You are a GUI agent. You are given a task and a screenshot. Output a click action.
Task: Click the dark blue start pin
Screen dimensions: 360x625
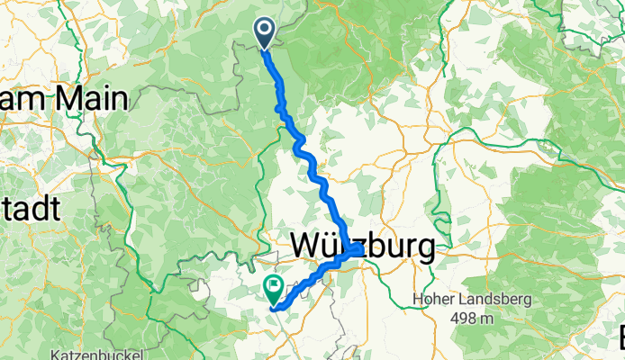coord(266,34)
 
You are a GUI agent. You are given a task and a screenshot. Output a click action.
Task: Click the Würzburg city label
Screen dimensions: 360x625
coord(362,247)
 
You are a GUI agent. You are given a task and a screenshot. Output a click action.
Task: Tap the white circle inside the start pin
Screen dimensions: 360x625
coord(266,29)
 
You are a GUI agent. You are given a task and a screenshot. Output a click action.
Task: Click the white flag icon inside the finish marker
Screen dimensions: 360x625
coord(273,286)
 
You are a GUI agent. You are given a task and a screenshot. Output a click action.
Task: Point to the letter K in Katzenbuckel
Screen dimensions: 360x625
coord(57,354)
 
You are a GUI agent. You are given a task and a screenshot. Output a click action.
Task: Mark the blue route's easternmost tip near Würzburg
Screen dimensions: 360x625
coord(361,249)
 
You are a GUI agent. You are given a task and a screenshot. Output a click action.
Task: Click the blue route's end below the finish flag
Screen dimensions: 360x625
coord(273,308)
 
